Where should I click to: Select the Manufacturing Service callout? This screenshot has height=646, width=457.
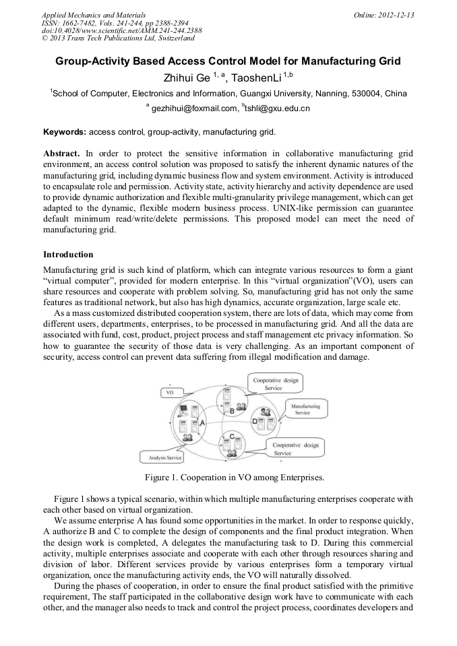(x=302, y=409)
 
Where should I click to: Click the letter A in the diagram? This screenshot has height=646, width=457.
(x=201, y=422)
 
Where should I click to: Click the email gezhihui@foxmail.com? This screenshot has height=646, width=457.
(x=194, y=108)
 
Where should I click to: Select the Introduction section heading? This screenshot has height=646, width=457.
(x=68, y=255)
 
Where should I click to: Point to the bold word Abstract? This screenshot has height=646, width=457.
(x=63, y=154)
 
